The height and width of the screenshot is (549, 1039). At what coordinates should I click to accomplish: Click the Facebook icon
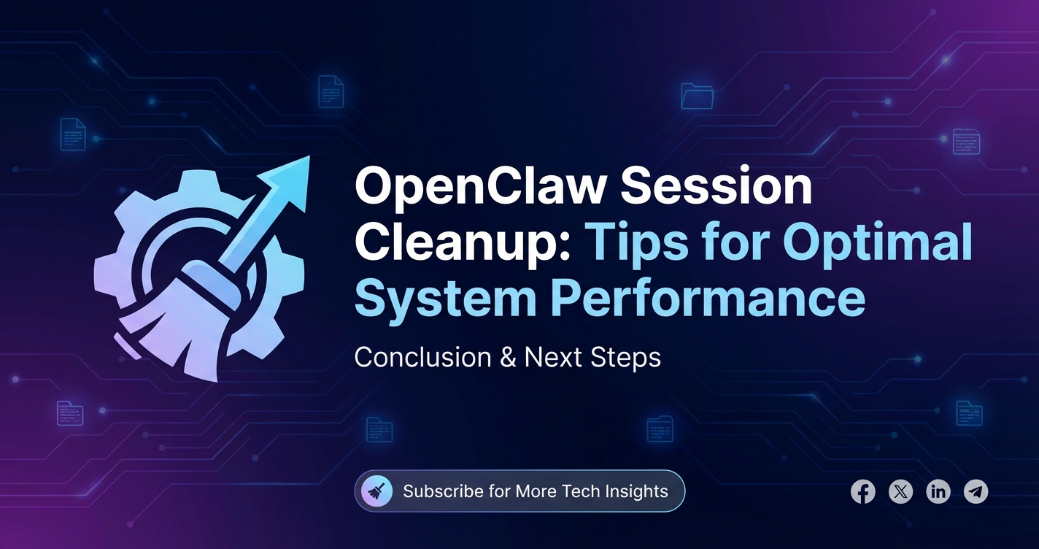pos(862,491)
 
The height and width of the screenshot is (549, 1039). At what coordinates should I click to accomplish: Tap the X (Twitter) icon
pos(901,491)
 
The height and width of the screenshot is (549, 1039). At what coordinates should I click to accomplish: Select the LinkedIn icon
pos(938,491)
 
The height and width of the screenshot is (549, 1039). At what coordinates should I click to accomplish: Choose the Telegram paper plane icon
pos(976,491)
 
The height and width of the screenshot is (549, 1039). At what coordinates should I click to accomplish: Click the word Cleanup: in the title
pos(463,242)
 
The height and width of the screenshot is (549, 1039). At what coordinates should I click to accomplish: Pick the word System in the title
pos(445,298)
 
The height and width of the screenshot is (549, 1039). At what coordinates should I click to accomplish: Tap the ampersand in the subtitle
pos(507,357)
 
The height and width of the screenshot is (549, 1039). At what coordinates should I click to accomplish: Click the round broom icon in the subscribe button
pos(376,491)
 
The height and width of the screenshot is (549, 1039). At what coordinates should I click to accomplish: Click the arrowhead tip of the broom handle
pos(309,156)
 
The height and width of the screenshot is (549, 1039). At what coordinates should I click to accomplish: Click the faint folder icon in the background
pos(697,96)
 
